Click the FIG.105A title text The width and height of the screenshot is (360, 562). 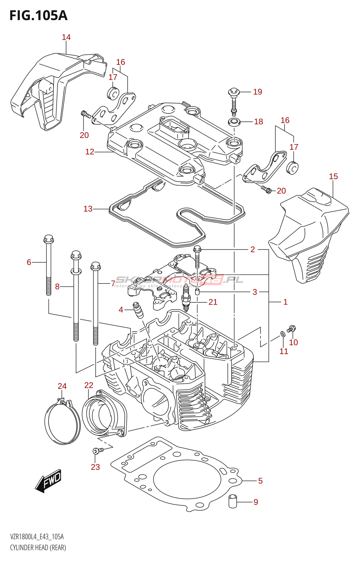[x=38, y=16]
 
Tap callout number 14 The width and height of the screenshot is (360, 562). [x=66, y=37]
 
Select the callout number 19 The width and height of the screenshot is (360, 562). [x=258, y=92]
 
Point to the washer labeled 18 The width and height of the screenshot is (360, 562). [x=234, y=123]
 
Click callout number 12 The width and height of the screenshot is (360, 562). [x=90, y=152]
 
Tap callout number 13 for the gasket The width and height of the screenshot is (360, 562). [x=88, y=209]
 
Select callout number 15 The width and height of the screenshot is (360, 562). [x=333, y=176]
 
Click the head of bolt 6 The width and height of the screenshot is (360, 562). [x=49, y=240]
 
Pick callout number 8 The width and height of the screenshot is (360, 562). [x=57, y=287]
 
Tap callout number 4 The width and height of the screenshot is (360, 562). [x=121, y=309]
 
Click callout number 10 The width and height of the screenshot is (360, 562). [x=294, y=342]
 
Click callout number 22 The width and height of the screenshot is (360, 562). [x=89, y=385]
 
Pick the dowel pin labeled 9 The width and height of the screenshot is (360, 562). [x=233, y=501]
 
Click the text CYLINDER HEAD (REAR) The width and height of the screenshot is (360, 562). [x=38, y=547]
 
